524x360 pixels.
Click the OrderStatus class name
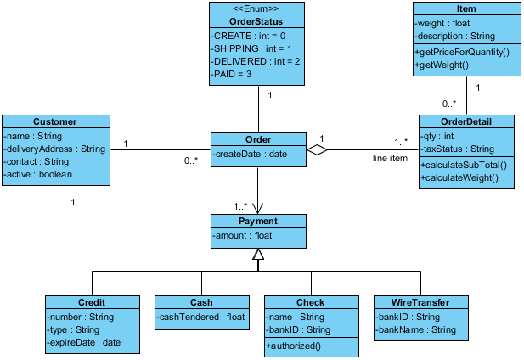pos(256,21)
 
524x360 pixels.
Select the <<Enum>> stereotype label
pos(256,9)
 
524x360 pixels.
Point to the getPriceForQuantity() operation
pos(463,53)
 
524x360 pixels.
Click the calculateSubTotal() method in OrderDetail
pos(464,165)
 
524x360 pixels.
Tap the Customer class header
pos(54,121)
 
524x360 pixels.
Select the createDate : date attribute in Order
pos(251,154)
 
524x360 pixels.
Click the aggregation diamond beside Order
pos(317,150)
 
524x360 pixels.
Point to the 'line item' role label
pos(391,158)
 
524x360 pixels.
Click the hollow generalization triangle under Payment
pos(258,254)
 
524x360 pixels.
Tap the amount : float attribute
pos(243,234)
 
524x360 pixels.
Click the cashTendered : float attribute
pos(201,318)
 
